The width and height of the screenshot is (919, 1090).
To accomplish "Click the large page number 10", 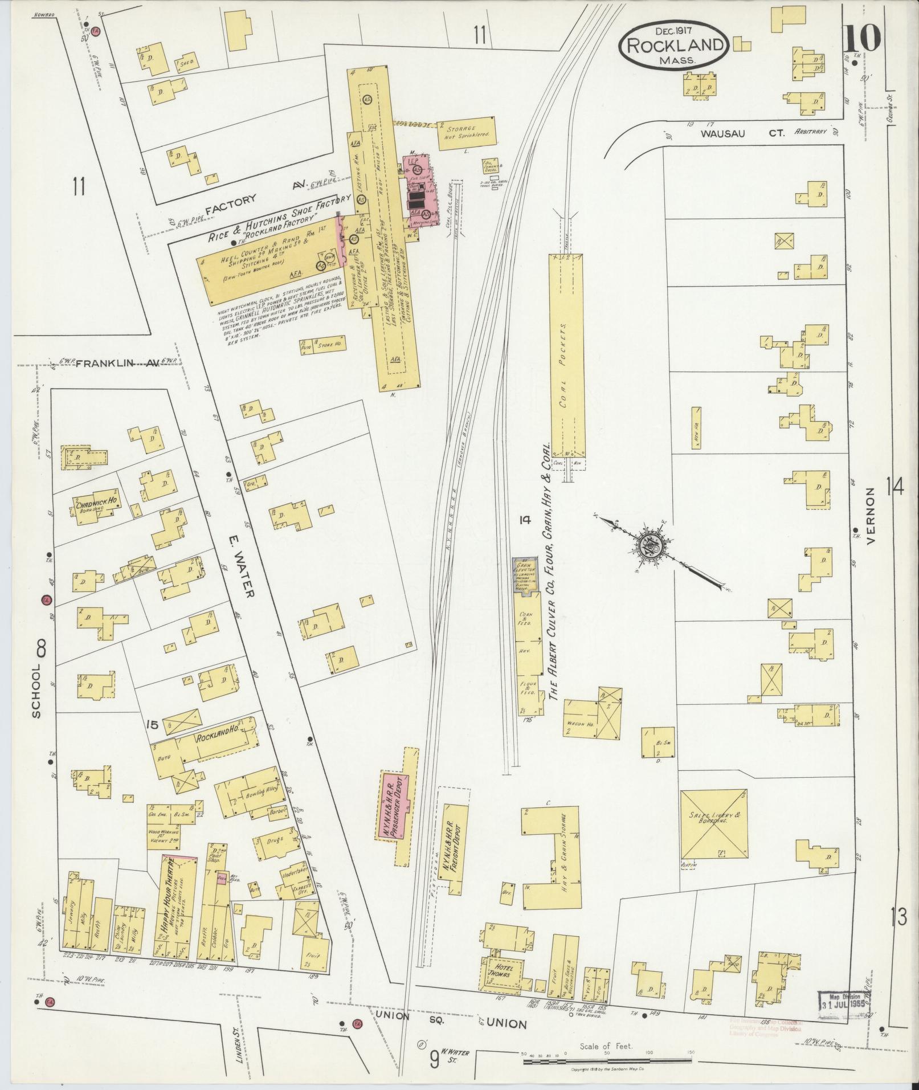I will tap(862, 39).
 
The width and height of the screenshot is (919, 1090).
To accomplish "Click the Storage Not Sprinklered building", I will tap(466, 133).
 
